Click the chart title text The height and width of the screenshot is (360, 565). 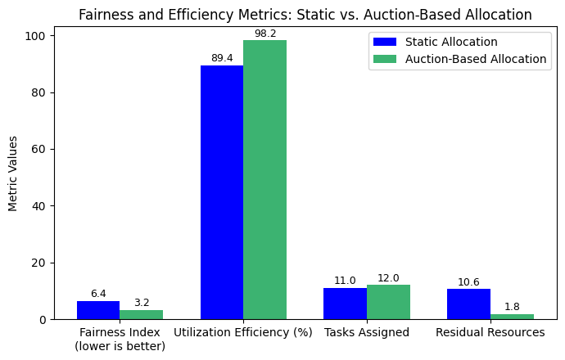(305, 15)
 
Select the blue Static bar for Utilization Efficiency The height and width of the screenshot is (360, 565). (222, 192)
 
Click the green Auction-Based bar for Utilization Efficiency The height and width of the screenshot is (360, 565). (264, 180)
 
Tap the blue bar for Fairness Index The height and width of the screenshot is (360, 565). (98, 310)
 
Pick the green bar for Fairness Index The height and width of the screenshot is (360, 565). (141, 315)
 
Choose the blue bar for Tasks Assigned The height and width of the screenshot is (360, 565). (345, 304)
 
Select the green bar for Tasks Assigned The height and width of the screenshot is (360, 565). (388, 302)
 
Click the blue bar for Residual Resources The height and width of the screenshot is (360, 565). (468, 304)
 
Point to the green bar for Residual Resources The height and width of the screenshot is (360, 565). (512, 317)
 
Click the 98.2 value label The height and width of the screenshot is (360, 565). (265, 34)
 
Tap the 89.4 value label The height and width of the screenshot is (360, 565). (222, 58)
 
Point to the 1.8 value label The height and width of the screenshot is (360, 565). (512, 307)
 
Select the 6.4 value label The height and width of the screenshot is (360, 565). (98, 294)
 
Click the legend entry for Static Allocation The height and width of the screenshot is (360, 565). (450, 42)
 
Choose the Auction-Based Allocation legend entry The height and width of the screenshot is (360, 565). (475, 59)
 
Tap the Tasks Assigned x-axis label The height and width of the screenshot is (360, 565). (367, 332)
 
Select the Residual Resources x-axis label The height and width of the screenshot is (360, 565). (490, 332)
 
